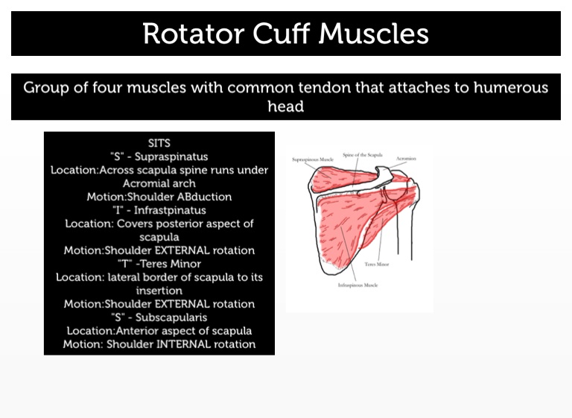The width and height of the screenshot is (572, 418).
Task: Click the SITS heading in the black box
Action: [159, 142]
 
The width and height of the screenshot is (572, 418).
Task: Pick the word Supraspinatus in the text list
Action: [177, 156]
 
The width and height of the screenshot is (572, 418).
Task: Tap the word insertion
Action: [159, 291]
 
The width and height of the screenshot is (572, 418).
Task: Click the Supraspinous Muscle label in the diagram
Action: [313, 159]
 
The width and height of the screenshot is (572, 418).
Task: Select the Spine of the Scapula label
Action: [363, 155]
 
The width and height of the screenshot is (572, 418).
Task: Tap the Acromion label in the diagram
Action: [407, 159]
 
